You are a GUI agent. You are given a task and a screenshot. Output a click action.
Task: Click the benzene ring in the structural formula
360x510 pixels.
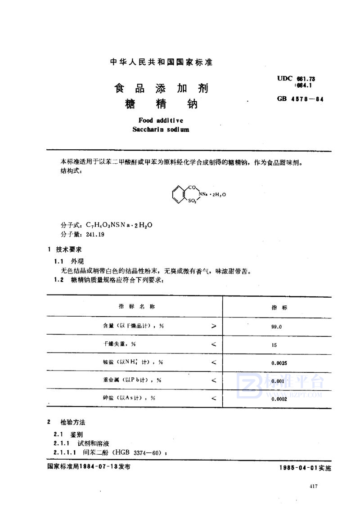tap(178, 194)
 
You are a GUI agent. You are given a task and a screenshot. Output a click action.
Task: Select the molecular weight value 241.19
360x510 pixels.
tap(94, 234)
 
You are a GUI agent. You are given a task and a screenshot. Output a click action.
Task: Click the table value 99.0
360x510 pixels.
tap(276, 327)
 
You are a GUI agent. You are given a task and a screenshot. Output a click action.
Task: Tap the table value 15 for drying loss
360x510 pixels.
tap(274, 344)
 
